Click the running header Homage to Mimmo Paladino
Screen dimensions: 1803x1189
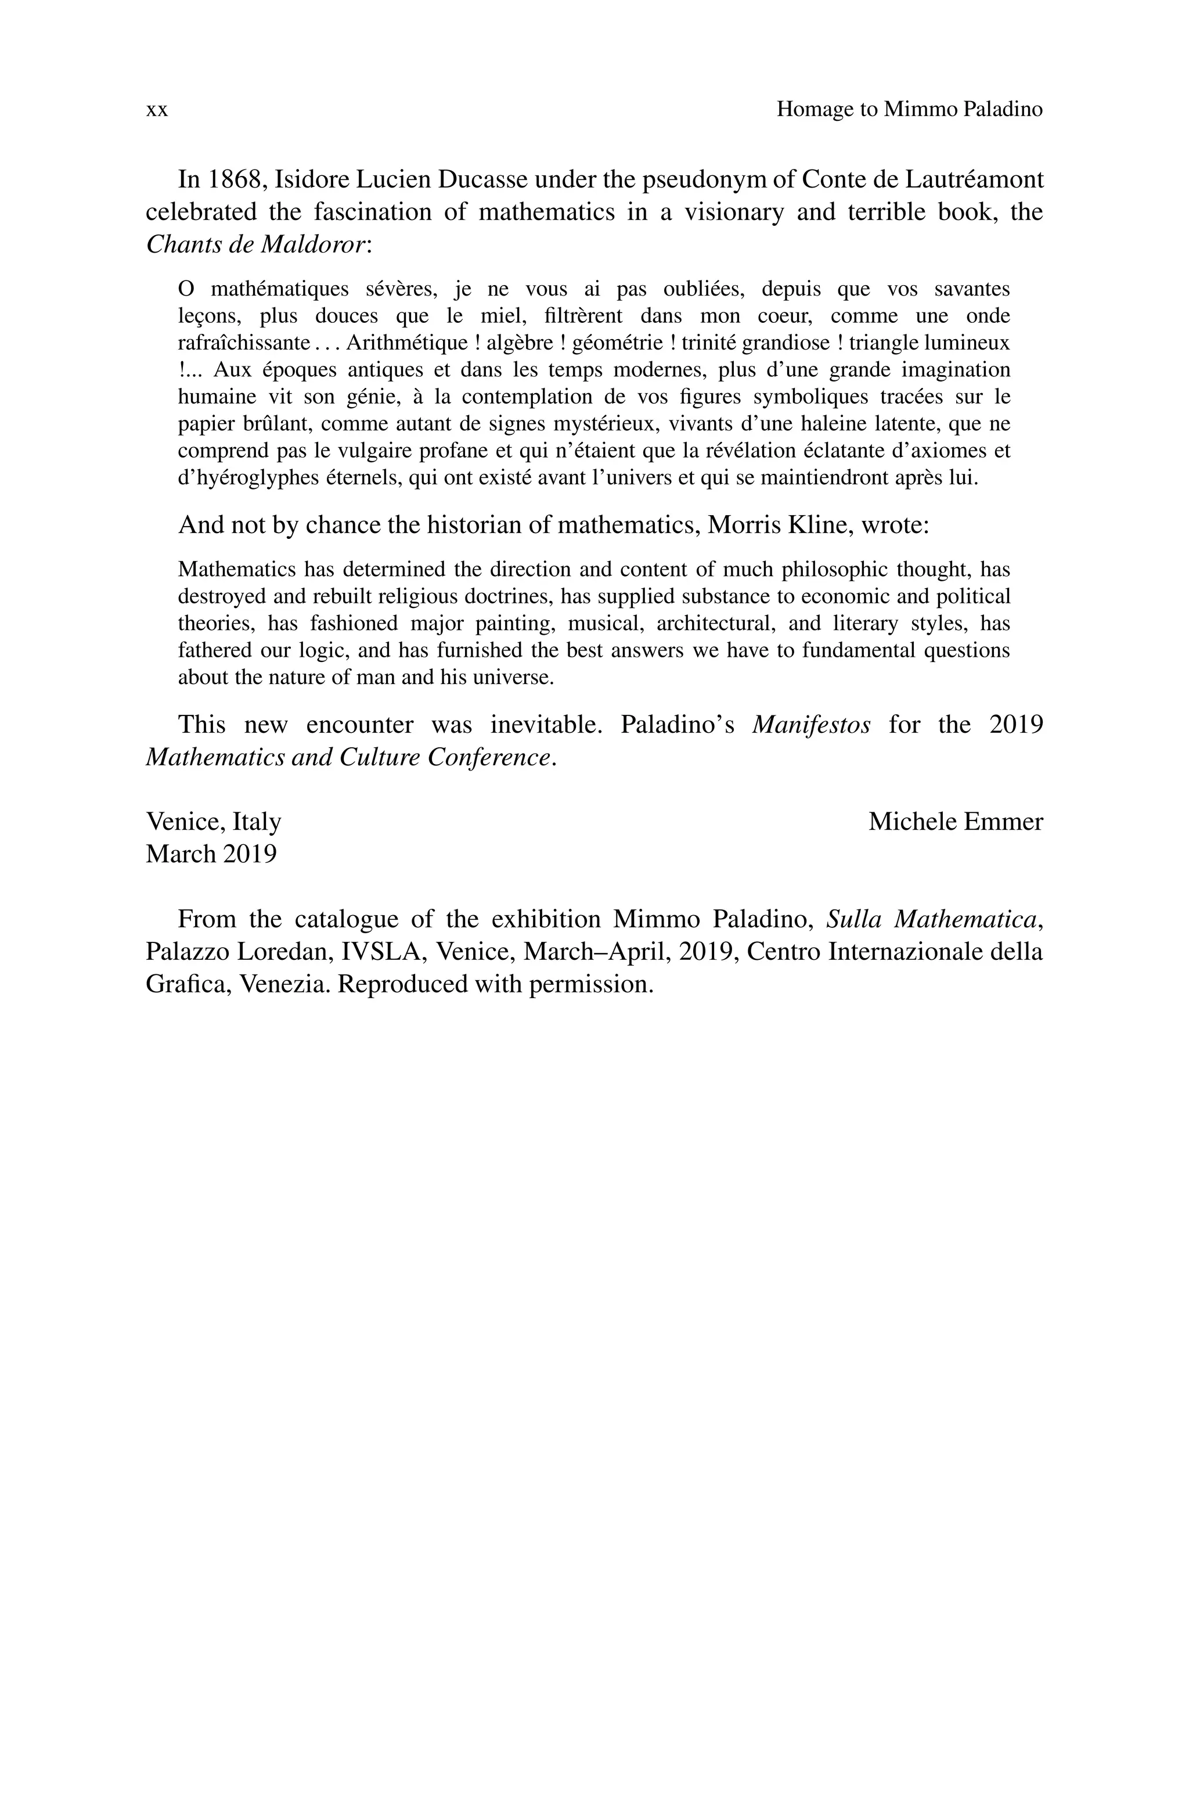tap(909, 110)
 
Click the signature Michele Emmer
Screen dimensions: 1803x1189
tap(954, 822)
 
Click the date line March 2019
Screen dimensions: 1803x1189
tap(211, 855)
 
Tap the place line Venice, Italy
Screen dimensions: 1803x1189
tap(213, 822)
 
